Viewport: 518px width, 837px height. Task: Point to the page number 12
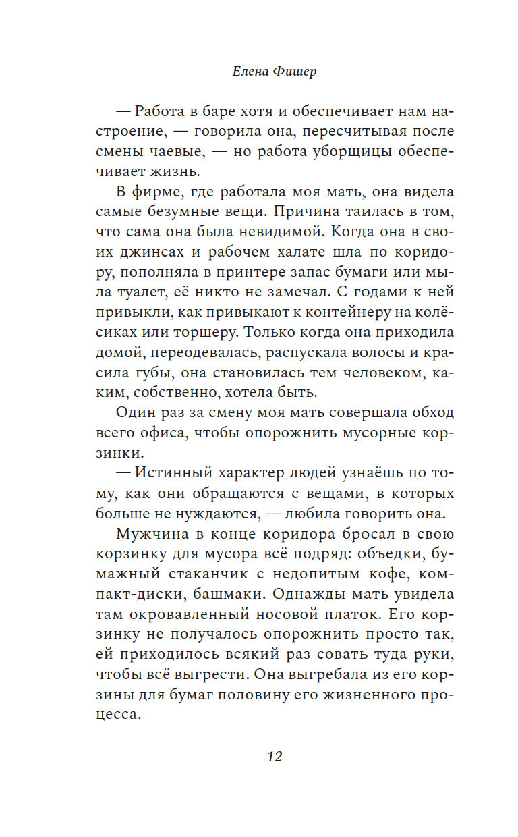[274, 755]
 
